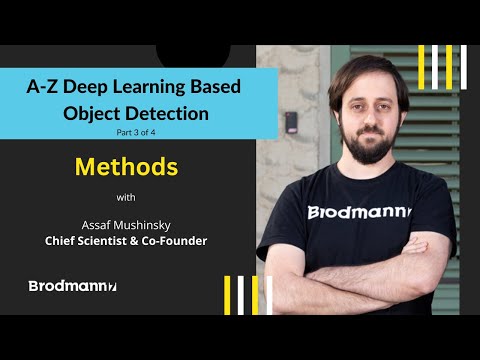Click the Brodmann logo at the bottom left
pos(73,286)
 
